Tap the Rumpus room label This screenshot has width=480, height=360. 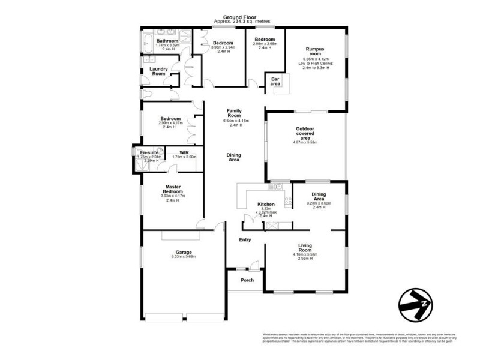315,50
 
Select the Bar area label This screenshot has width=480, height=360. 275,82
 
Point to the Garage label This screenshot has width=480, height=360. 184,252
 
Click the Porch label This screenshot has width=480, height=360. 247,280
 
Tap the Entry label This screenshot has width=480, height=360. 245,240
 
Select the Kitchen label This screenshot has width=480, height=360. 266,205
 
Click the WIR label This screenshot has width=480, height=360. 184,152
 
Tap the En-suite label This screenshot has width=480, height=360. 149,153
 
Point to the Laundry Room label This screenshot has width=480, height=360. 158,71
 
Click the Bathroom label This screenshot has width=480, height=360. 167,41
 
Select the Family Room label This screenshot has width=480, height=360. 234,113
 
